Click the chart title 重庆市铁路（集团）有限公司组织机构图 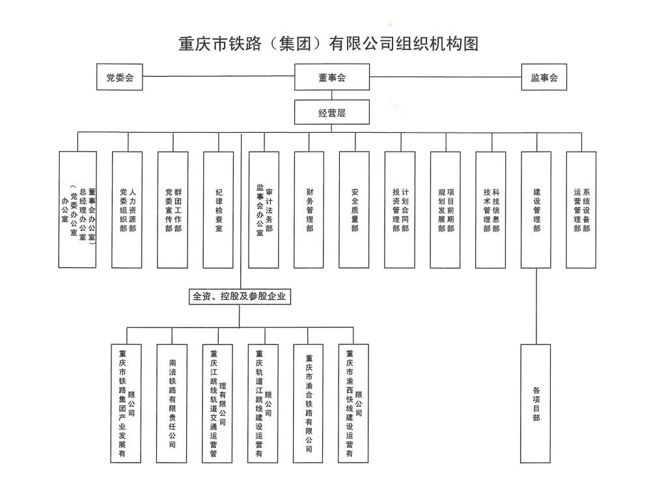click(x=329, y=44)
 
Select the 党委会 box click(x=120, y=77)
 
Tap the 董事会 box click(x=332, y=77)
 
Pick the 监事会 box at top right click(x=544, y=77)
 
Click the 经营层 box click(x=332, y=112)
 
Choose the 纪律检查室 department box click(x=218, y=210)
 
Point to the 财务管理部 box click(x=309, y=210)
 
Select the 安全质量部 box click(x=355, y=210)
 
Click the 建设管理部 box click(x=536, y=210)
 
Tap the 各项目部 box click(x=536, y=403)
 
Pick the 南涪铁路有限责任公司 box click(x=173, y=403)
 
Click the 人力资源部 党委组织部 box click(x=128, y=210)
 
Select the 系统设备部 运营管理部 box click(x=581, y=210)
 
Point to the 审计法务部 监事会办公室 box click(x=264, y=210)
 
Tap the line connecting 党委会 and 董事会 click(x=218, y=77)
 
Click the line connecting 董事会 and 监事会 click(x=446, y=77)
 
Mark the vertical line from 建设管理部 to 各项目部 click(x=536, y=306)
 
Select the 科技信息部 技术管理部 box click(x=491, y=210)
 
